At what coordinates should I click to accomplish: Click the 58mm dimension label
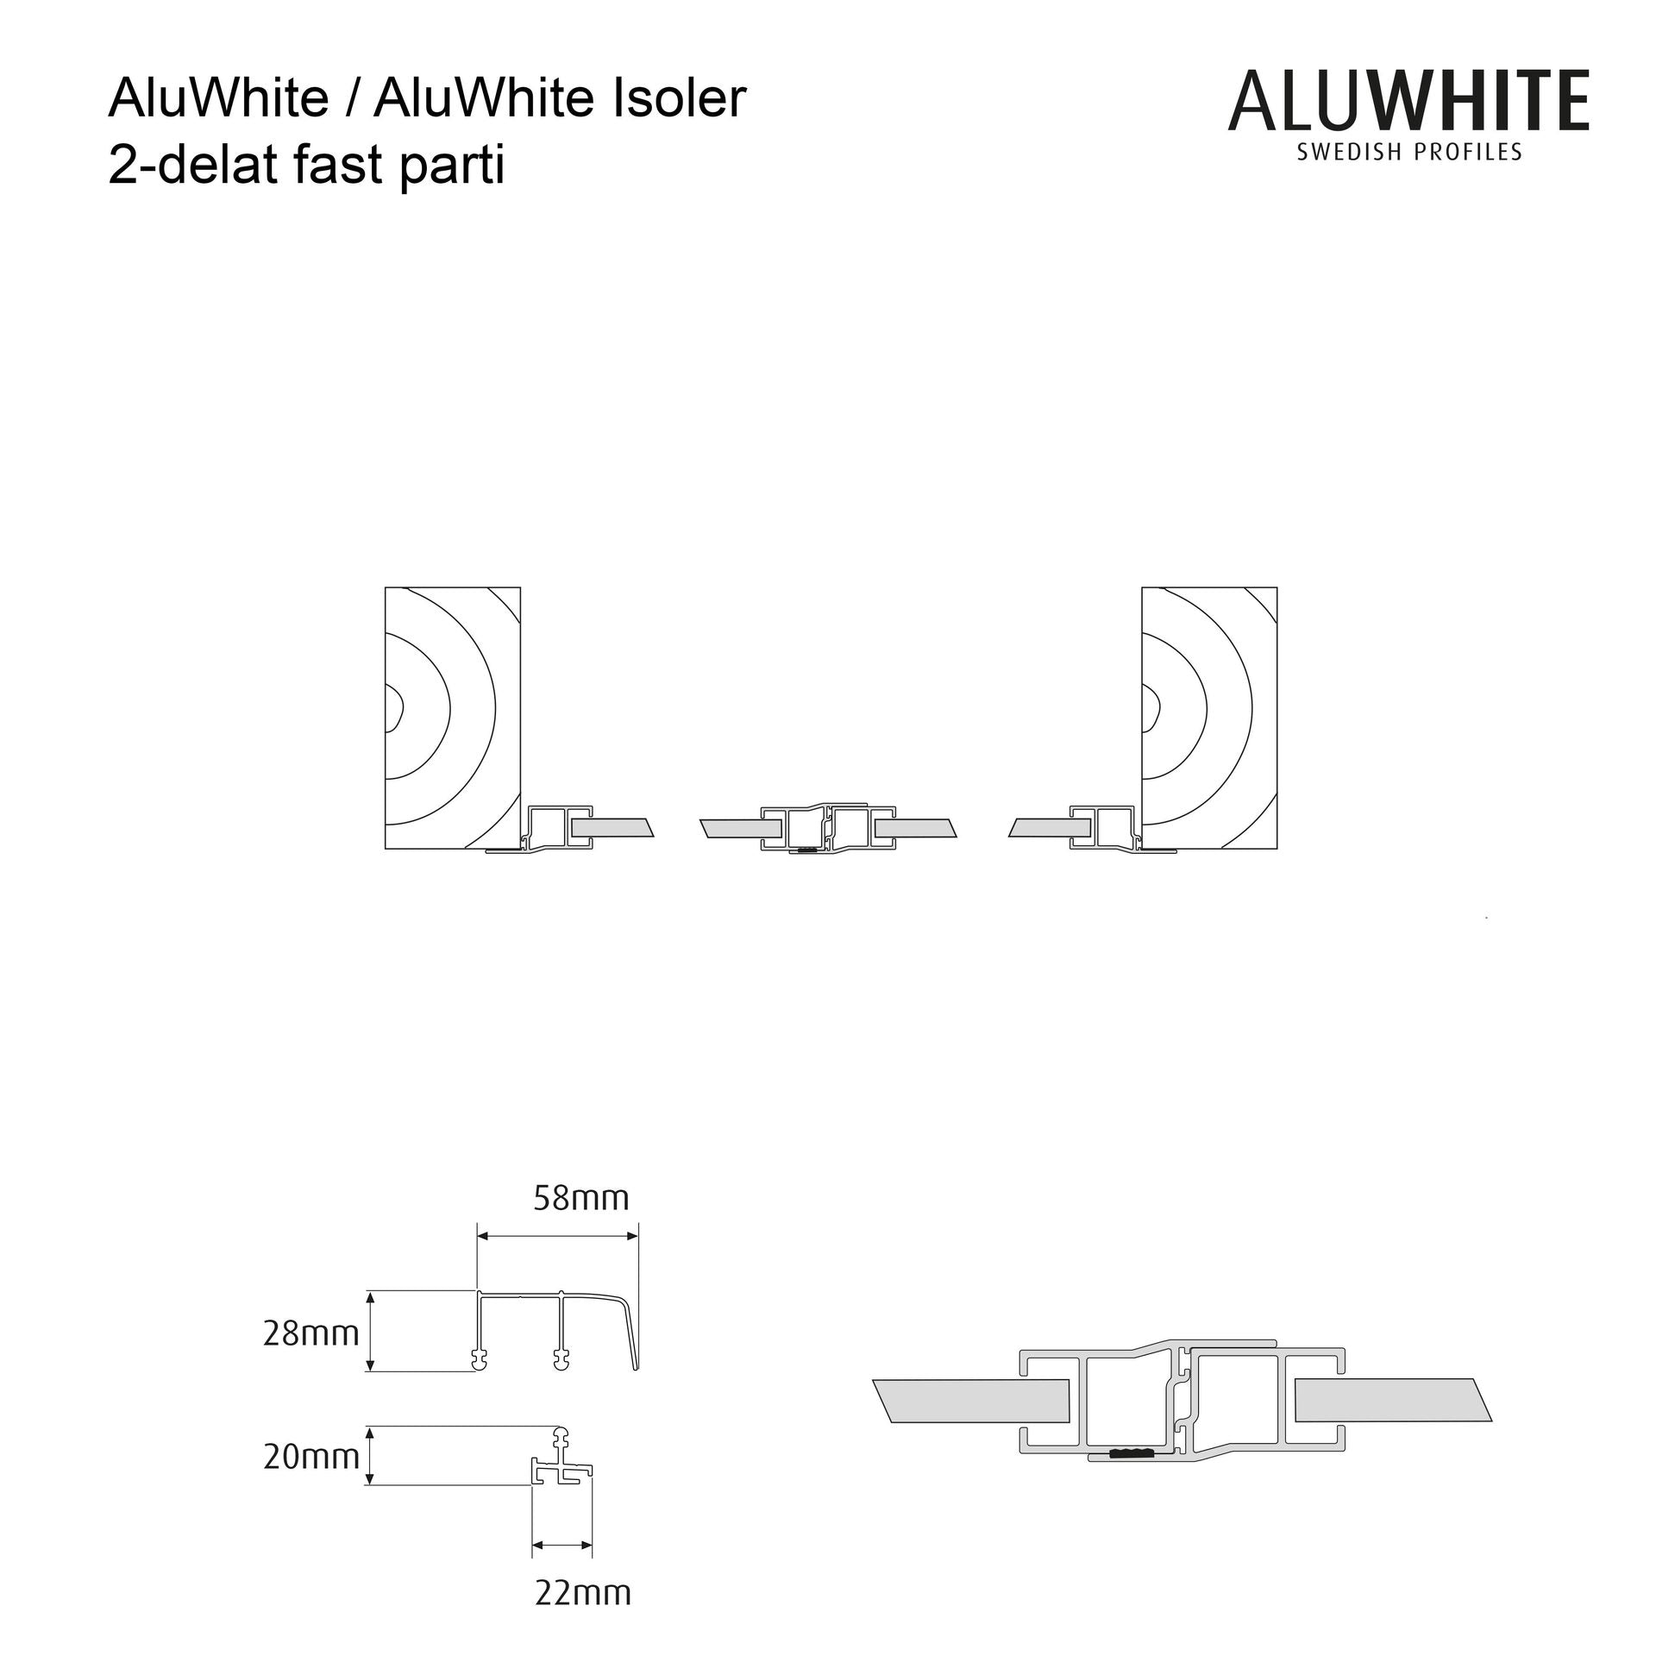[581, 1198]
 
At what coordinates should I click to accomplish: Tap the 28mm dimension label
[310, 1334]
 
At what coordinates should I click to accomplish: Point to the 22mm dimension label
[583, 1592]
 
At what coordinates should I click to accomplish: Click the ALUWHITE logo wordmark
[1408, 102]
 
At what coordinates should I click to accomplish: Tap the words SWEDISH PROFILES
[1409, 153]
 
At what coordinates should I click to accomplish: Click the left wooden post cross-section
[453, 718]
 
